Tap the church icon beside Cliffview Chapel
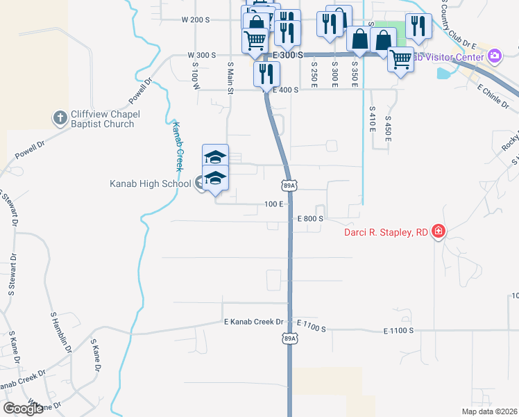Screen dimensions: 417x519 tap(60, 119)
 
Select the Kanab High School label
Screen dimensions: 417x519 tap(150, 183)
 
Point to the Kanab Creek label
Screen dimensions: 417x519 tap(178, 147)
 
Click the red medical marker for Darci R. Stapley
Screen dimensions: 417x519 tap(438, 231)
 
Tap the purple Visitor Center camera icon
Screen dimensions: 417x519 tap(494, 56)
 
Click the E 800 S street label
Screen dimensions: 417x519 tap(311, 218)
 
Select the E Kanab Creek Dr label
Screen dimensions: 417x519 tap(254, 322)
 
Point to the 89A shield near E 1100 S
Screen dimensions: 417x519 tap(290, 338)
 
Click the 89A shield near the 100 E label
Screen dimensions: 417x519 tap(290, 186)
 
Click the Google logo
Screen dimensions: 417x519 tap(23, 409)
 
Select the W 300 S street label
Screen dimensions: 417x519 tap(202, 54)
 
